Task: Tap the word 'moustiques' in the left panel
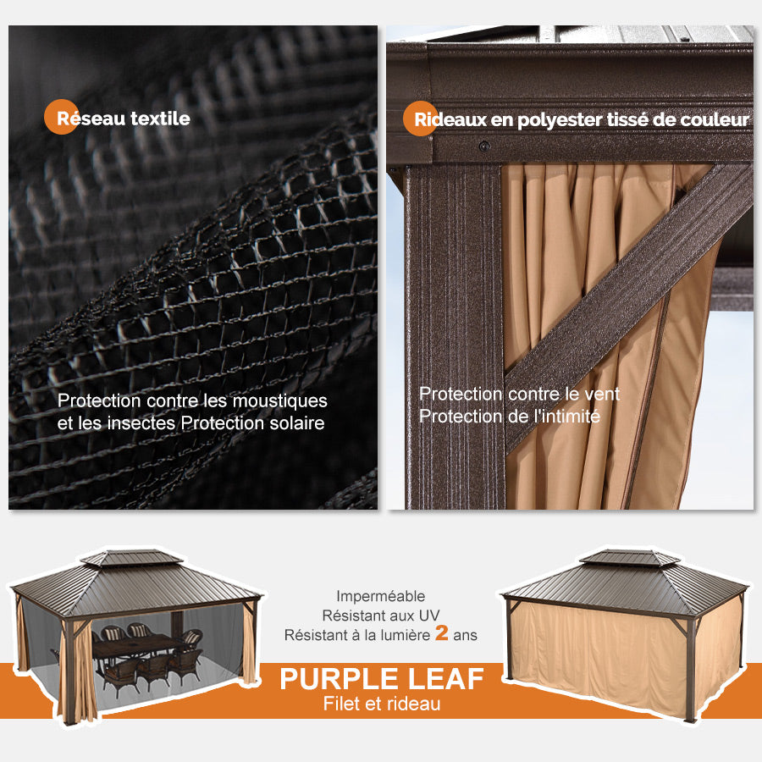(279, 400)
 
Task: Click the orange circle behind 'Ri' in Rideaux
(420, 119)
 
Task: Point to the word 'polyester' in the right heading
(560, 120)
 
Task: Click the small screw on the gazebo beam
(484, 146)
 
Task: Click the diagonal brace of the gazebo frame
(627, 288)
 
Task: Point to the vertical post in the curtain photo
(454, 339)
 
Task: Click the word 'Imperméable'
(380, 596)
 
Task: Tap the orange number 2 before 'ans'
(441, 634)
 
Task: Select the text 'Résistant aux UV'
(380, 615)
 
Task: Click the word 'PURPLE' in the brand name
(339, 679)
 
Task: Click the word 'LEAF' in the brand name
(445, 679)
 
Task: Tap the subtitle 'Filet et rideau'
(381, 704)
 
